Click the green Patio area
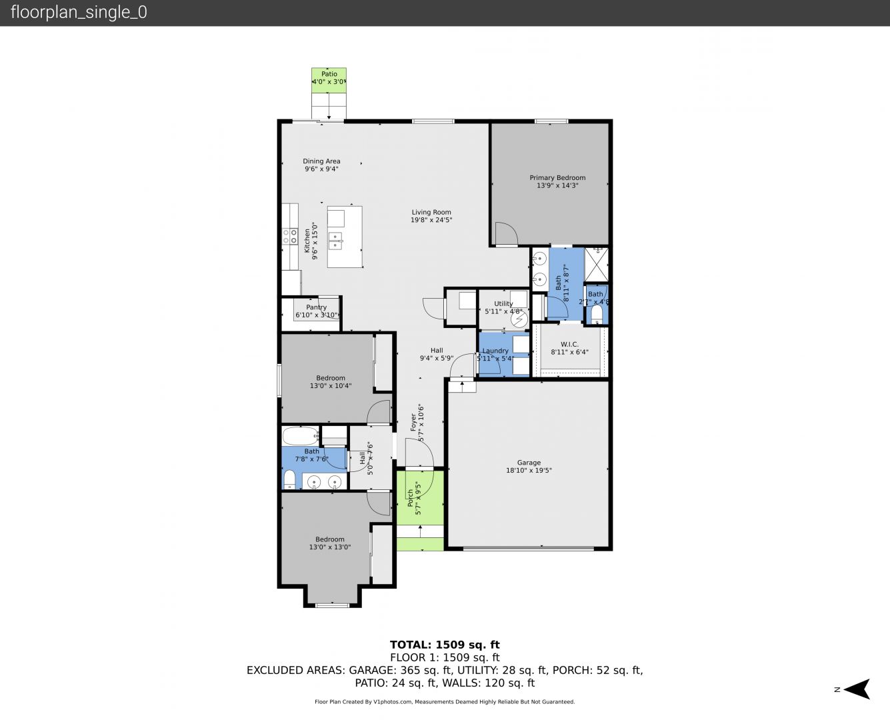coord(329,80)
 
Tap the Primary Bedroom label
coord(557,177)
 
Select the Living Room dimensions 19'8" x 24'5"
coord(431,220)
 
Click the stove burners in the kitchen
coord(289,236)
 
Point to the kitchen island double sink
coord(335,241)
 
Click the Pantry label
coord(316,307)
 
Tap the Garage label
coord(529,463)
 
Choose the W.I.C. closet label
coord(569,344)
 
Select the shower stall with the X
coord(596,265)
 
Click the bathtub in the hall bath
coord(301,436)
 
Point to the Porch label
coord(410,498)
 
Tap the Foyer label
coord(413,422)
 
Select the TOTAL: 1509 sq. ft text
coord(445,645)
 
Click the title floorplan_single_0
coord(79,12)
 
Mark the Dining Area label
coord(321,161)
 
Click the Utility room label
coord(503,304)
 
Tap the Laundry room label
coord(495,351)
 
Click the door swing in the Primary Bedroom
coord(507,233)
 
